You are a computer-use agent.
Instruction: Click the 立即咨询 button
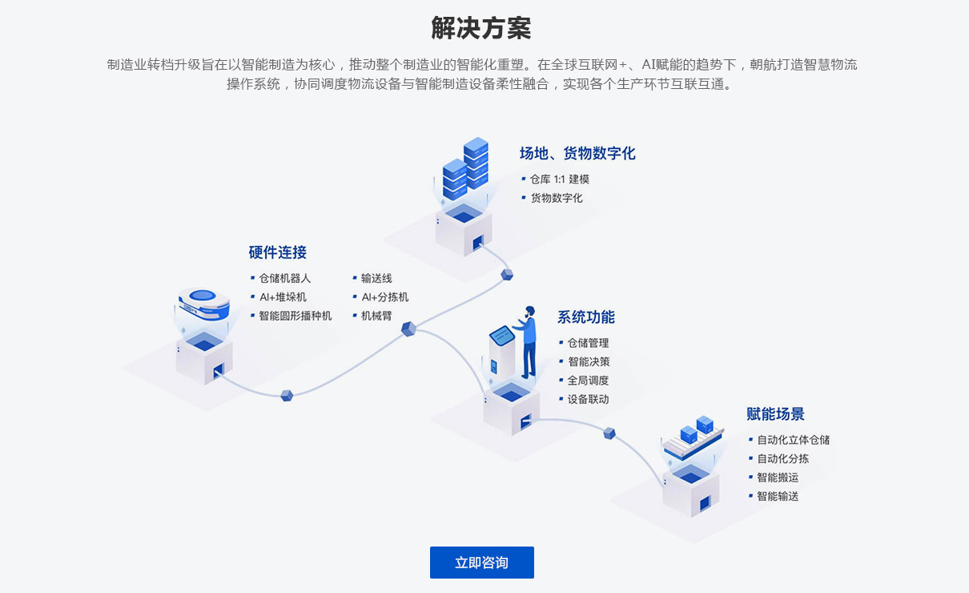481,563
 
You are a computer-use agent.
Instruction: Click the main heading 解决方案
481,29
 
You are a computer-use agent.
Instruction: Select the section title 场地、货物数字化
577,153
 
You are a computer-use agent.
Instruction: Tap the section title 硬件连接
277,252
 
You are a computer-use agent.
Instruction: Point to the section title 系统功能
586,317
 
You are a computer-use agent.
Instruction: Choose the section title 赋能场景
775,414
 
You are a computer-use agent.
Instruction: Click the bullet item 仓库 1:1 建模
559,180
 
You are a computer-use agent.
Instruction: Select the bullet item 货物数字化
556,198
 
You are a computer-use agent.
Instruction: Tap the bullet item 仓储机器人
284,278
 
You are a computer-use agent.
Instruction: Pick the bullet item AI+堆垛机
282,297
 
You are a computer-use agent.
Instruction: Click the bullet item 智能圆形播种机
295,316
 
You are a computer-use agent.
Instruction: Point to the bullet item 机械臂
376,316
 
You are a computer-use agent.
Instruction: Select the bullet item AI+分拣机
384,297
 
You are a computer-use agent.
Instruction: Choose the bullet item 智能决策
589,361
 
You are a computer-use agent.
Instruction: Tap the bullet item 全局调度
588,381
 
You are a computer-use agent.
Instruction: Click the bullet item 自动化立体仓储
793,440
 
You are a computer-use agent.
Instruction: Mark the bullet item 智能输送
778,496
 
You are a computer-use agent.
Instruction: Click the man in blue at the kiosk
528,341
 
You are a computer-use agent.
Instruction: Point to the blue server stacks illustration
466,170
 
